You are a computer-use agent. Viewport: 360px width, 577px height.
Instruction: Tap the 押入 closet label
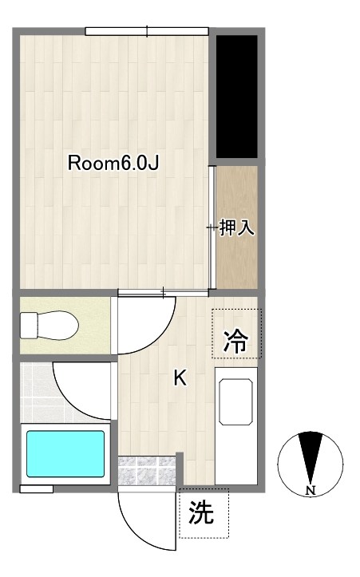[236, 227]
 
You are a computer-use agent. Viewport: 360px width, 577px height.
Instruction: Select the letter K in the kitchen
[180, 378]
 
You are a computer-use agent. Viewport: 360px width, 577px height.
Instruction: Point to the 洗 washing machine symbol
[203, 512]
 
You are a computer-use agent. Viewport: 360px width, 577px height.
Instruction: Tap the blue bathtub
[65, 453]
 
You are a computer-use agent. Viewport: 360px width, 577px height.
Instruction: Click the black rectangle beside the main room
[238, 96]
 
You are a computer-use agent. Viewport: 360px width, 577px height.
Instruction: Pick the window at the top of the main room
[148, 32]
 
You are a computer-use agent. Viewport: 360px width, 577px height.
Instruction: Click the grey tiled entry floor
[146, 470]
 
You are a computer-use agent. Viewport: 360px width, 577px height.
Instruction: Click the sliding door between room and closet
[212, 227]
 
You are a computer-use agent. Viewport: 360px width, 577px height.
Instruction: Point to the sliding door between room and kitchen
[164, 293]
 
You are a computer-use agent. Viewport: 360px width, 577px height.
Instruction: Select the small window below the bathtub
[37, 488]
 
